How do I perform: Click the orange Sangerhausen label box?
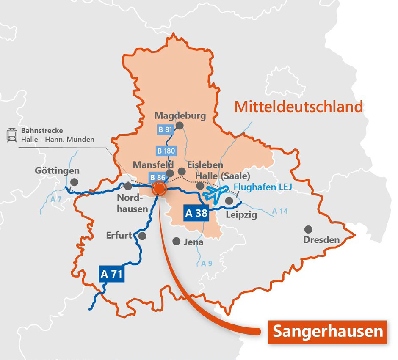[328, 331]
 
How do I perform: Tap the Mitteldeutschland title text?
[299, 106]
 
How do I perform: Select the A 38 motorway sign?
[196, 213]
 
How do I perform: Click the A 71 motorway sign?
[112, 274]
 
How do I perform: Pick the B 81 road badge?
[165, 130]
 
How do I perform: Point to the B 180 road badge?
[166, 150]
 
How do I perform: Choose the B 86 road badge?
[156, 178]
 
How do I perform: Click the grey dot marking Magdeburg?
[180, 125]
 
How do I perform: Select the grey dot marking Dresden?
[308, 229]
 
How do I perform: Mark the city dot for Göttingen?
[75, 182]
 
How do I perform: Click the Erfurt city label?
[119, 235]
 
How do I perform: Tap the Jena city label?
[194, 242]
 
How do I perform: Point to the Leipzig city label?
[241, 215]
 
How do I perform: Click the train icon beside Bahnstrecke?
[11, 135]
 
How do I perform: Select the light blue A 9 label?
[207, 264]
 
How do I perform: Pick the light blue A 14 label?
[280, 211]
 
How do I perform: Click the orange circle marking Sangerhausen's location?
[159, 188]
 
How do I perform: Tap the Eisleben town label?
[205, 165]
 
